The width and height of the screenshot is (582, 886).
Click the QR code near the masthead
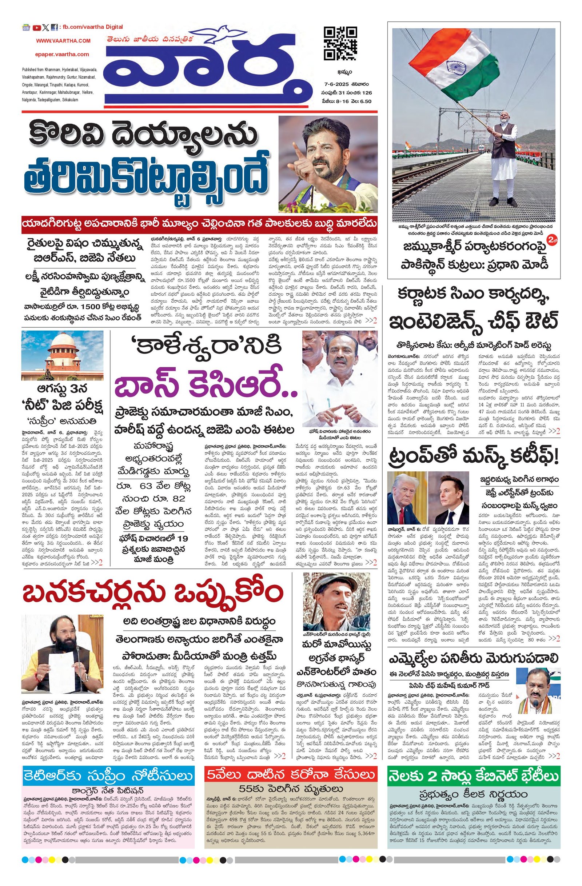(x=340, y=43)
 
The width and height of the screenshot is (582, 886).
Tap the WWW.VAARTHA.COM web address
(x=63, y=41)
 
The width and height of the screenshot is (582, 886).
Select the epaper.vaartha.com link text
(x=63, y=54)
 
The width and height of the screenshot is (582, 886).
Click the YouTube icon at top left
(x=36, y=27)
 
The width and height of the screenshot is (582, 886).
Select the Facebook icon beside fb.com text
(x=54, y=27)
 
